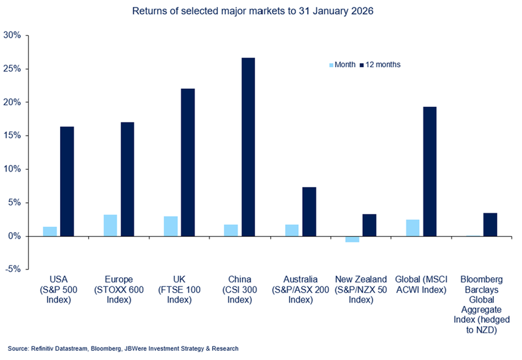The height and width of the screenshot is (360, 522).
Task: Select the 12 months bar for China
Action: (248, 147)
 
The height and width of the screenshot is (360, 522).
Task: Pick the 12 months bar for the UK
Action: (188, 162)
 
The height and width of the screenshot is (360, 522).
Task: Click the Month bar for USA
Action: (50, 232)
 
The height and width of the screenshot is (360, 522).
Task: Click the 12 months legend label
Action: (383, 65)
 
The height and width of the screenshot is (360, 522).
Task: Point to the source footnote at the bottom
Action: (124, 349)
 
